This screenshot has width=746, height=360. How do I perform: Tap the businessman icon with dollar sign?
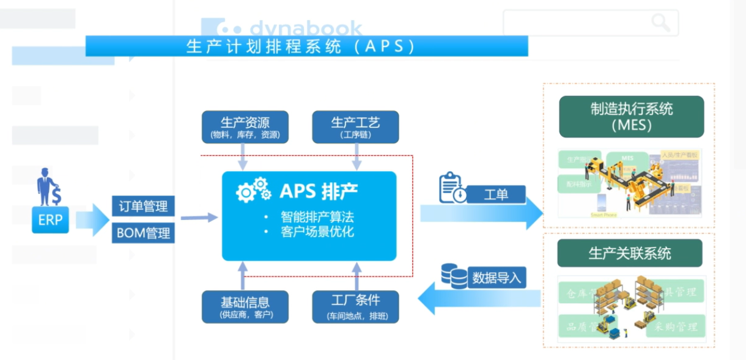[x=48, y=187]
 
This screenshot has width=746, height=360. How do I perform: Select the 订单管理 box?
[x=143, y=207]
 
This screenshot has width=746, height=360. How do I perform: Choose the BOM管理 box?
[x=143, y=233]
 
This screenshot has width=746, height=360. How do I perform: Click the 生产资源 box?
[x=245, y=127]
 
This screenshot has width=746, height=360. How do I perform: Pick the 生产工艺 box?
[x=355, y=127]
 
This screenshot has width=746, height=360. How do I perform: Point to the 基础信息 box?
[x=245, y=306]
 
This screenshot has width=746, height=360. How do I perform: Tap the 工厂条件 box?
[x=355, y=306]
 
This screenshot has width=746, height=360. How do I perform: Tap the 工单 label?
[x=496, y=195]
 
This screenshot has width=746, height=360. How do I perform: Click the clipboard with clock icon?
[x=452, y=188]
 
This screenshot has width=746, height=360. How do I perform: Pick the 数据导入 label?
[x=496, y=278]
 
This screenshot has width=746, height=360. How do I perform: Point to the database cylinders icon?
[x=454, y=276]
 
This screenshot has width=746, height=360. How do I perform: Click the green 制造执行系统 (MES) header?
[x=631, y=117]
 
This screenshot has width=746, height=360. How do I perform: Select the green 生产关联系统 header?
[x=630, y=253]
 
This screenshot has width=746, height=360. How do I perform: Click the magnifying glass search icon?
[x=660, y=23]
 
